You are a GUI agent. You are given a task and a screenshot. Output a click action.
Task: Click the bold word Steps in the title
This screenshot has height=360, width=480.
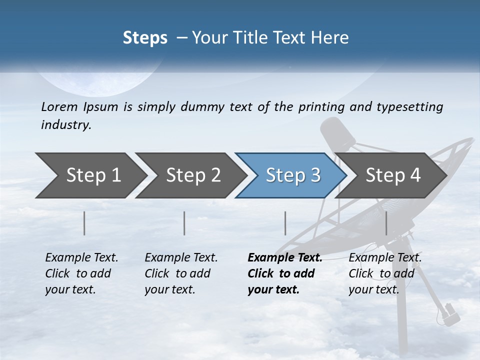(145, 38)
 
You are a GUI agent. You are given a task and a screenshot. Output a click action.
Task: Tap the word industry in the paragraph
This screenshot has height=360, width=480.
(65, 125)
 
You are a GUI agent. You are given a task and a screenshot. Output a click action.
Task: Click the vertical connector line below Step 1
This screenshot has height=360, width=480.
(84, 223)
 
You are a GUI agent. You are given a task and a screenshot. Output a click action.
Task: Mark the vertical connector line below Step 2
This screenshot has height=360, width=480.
(184, 223)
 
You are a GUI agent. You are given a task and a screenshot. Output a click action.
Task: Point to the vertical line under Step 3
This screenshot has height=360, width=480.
(285, 223)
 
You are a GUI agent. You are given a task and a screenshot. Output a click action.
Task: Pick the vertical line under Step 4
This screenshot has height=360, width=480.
(386, 223)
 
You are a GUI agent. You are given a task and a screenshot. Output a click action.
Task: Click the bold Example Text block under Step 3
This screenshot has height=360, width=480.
(284, 273)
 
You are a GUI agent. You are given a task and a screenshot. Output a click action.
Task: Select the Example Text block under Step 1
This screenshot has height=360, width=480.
(81, 273)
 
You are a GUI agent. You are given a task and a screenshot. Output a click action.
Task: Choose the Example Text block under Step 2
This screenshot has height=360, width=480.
(181, 273)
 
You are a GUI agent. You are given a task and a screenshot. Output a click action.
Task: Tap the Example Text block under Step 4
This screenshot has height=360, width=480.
(384, 273)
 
